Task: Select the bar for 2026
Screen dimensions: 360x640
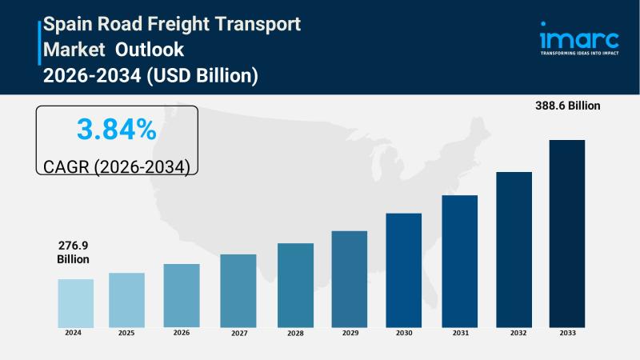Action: (x=182, y=295)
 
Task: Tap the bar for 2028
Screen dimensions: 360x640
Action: (x=295, y=285)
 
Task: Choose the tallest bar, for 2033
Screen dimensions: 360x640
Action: (x=566, y=233)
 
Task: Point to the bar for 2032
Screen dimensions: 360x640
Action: (x=514, y=249)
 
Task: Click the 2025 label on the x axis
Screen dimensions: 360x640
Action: (x=127, y=333)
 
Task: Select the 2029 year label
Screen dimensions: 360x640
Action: (x=350, y=333)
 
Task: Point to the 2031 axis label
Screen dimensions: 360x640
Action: (x=460, y=333)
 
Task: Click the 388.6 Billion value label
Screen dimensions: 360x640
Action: (x=568, y=106)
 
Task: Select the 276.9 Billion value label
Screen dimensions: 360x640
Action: (x=73, y=252)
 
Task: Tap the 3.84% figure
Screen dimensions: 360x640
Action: (x=116, y=130)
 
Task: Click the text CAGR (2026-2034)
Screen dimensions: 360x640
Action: (x=116, y=166)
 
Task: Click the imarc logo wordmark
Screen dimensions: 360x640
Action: (x=578, y=40)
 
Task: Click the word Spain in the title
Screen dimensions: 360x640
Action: (x=70, y=24)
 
